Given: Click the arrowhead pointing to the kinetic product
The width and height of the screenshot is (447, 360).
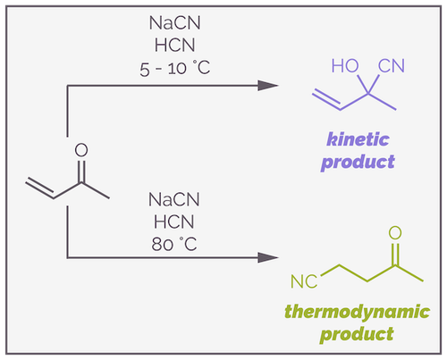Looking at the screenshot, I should (266, 86).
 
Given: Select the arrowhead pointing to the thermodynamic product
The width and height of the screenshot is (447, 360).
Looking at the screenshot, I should (266, 258).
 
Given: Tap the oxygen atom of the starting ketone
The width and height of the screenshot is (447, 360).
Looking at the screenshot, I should (81, 152).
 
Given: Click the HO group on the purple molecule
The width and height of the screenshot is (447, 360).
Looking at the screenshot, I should (343, 65).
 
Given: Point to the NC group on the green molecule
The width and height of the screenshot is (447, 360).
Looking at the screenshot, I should (304, 283).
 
